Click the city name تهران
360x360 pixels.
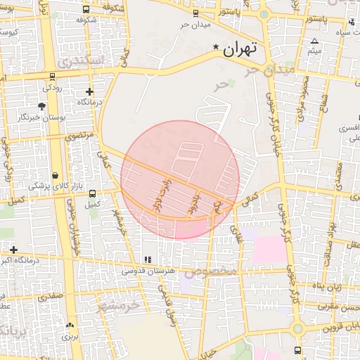pyautogui.click(x=240, y=50)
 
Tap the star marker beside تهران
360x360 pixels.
pyautogui.click(x=216, y=47)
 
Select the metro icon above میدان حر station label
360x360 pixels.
pyautogui.click(x=195, y=13)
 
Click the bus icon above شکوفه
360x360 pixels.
pyautogui.click(x=86, y=10)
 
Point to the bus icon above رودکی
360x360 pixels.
pyautogui.click(x=52, y=77)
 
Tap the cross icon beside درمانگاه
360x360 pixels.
pyautogui.click(x=89, y=92)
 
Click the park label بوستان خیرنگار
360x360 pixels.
pyautogui.click(x=42, y=117)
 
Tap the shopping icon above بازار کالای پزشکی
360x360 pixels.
pyautogui.click(x=56, y=175)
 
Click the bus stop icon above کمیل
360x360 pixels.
pyautogui.click(x=92, y=194)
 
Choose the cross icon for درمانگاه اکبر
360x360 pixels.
pyautogui.click(x=13, y=250)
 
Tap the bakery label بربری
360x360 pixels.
pyautogui.click(x=70, y=336)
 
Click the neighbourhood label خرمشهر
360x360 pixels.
pyautogui.click(x=119, y=305)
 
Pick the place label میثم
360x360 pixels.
pyautogui.click(x=314, y=51)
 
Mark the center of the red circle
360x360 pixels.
pyautogui.click(x=180, y=179)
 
